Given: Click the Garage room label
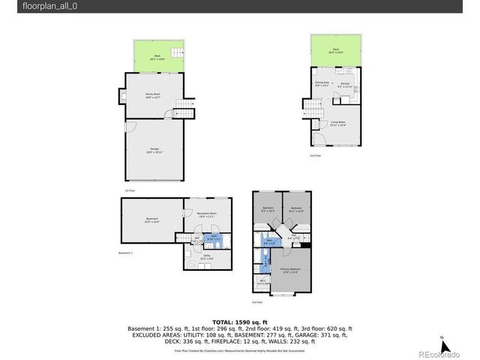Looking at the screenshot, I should point(154,149).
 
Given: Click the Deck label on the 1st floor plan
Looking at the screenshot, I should point(157,55).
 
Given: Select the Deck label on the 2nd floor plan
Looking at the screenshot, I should point(337,51).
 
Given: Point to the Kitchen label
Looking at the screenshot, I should point(345,85).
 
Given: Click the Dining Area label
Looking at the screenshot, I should point(321,83).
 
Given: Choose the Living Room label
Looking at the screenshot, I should point(337,123).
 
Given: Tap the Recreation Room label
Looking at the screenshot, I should point(206,214).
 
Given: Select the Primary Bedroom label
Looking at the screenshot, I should point(290,271).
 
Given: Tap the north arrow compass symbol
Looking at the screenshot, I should point(443,346).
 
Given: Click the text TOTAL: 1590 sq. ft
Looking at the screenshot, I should point(239,320).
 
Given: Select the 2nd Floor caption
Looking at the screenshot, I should point(315,155).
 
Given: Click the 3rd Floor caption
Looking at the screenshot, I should point(257,302).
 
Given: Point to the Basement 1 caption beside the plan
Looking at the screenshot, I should point(125,253).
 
